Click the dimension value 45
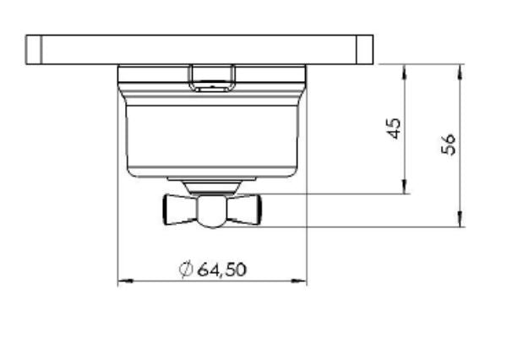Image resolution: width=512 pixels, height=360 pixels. pyautogui.click(x=394, y=128)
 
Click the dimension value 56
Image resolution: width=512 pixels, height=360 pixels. pyautogui.click(x=449, y=144)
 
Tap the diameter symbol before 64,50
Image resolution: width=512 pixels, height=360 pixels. pyautogui.click(x=186, y=270)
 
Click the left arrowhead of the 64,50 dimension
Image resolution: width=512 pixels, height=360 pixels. pyautogui.click(x=125, y=281)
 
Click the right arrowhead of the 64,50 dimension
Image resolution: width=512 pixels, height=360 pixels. pyautogui.click(x=299, y=281)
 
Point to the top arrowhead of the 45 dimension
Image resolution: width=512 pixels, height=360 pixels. pyautogui.click(x=405, y=72)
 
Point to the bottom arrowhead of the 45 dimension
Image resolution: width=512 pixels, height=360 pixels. pyautogui.click(x=405, y=186)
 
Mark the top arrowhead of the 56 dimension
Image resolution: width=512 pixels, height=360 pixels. pyautogui.click(x=460, y=72)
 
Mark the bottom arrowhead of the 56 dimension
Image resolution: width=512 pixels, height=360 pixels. pyautogui.click(x=460, y=219)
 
